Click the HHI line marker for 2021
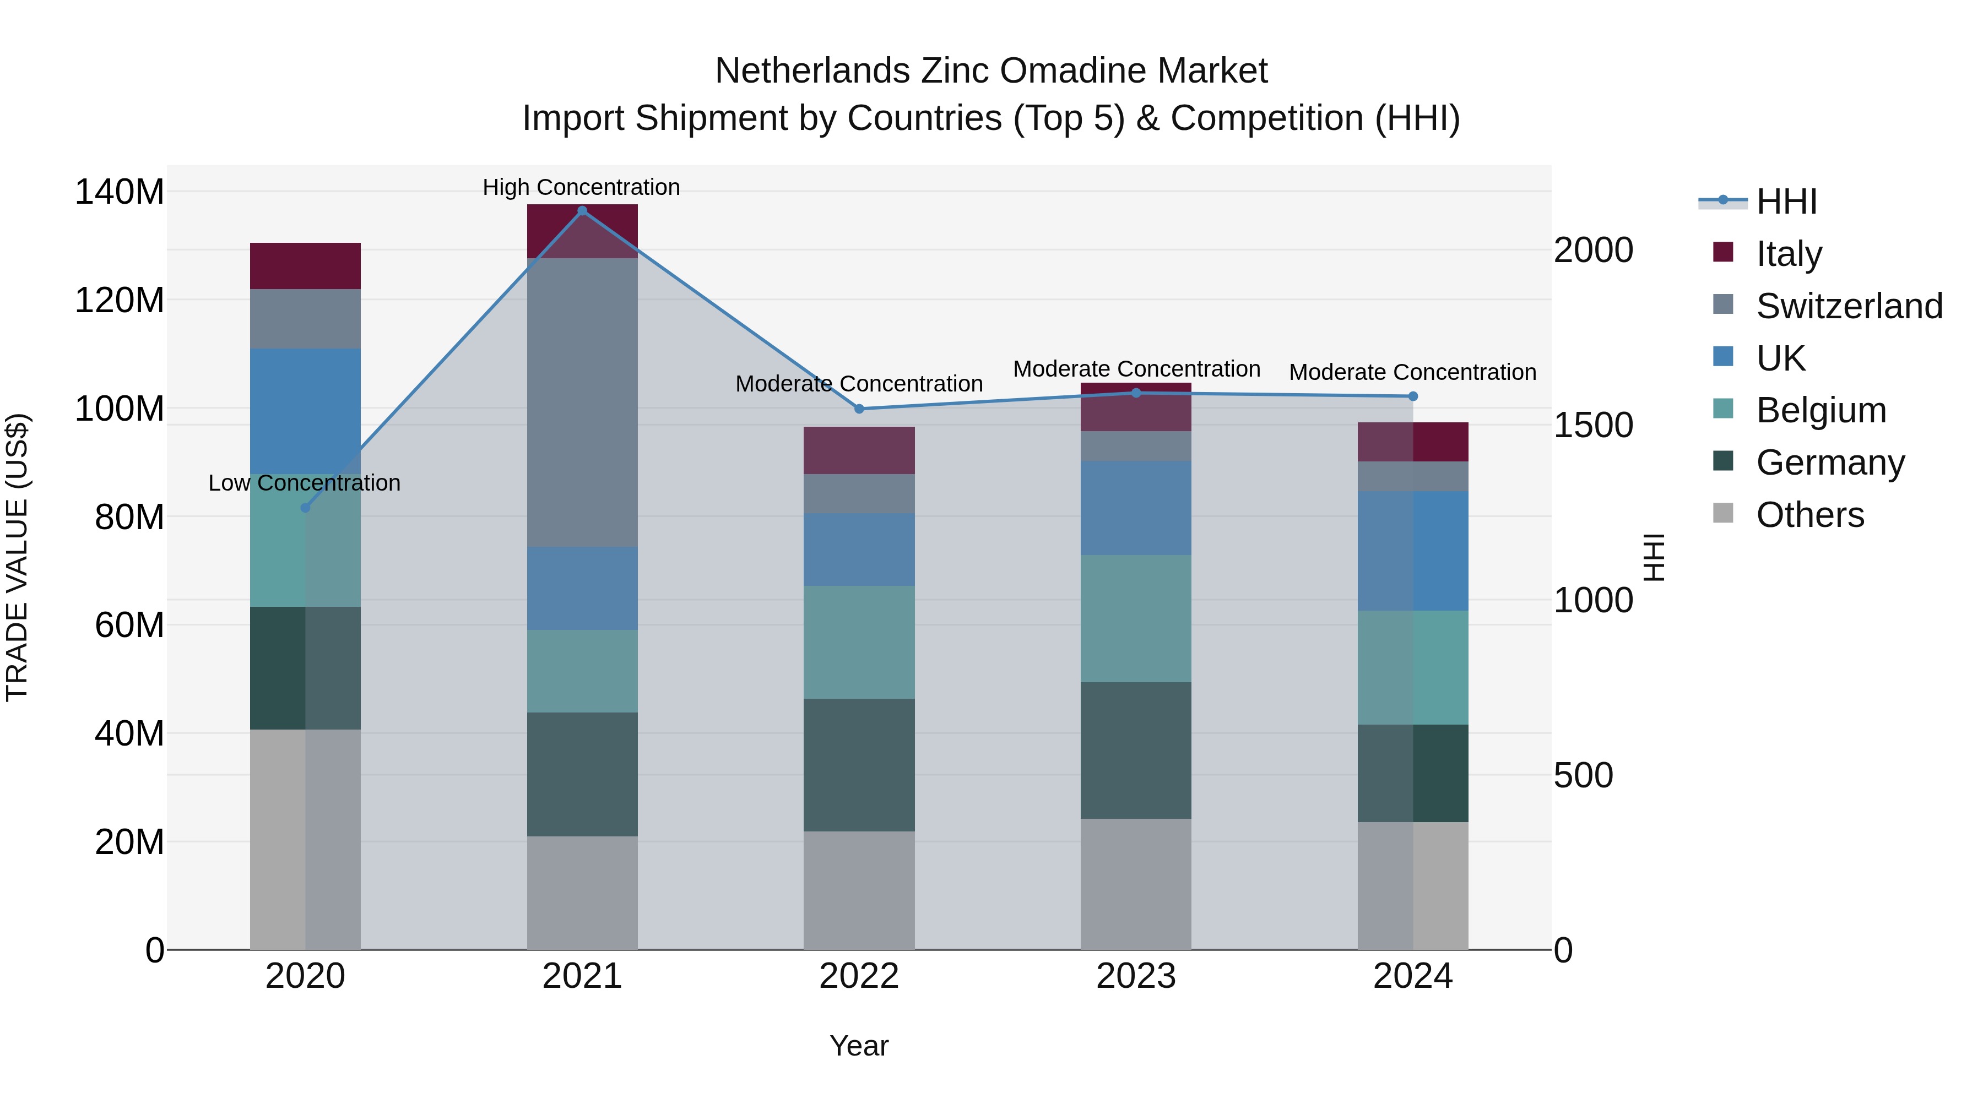click(x=582, y=211)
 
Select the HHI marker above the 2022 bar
click(x=859, y=409)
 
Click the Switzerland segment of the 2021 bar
click(x=582, y=402)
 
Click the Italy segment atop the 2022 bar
click(x=859, y=450)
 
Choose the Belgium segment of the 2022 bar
click(x=859, y=643)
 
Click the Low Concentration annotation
click(x=304, y=483)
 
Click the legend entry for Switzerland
click(x=1849, y=306)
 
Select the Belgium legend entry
click(x=1821, y=410)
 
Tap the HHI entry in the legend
click(x=1786, y=202)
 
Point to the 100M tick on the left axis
click(x=120, y=409)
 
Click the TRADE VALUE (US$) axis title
click(x=17, y=557)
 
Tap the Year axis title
click(x=859, y=1046)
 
